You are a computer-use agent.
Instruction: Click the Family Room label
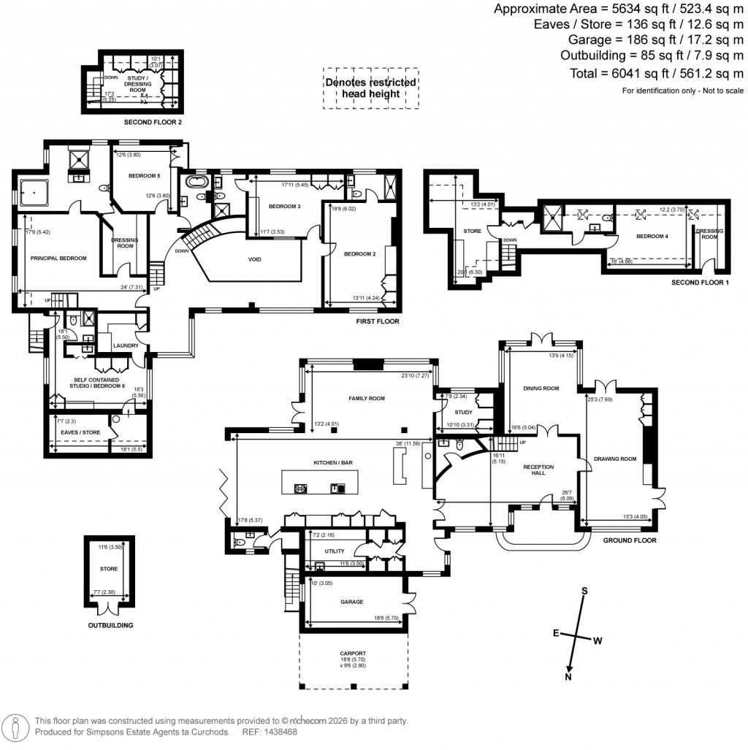(x=366, y=398)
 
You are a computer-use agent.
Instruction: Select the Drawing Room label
(x=615, y=459)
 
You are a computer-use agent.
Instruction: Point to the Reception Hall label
(x=541, y=469)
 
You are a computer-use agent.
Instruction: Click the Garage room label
(x=352, y=602)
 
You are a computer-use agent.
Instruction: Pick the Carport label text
(x=353, y=653)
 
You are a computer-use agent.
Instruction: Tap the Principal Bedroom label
(x=58, y=258)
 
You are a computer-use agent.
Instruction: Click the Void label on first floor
(x=254, y=259)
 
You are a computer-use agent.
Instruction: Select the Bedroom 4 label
(x=652, y=236)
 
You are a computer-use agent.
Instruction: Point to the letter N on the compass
(x=568, y=677)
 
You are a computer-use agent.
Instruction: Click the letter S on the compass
(x=584, y=591)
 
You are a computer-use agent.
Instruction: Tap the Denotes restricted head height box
(x=371, y=88)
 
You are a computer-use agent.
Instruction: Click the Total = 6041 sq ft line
(x=656, y=73)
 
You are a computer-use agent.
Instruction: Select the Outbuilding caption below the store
(x=111, y=626)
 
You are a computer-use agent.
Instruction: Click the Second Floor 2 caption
(x=153, y=122)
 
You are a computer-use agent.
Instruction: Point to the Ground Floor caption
(x=629, y=540)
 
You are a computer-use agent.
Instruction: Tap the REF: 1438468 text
(x=271, y=731)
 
